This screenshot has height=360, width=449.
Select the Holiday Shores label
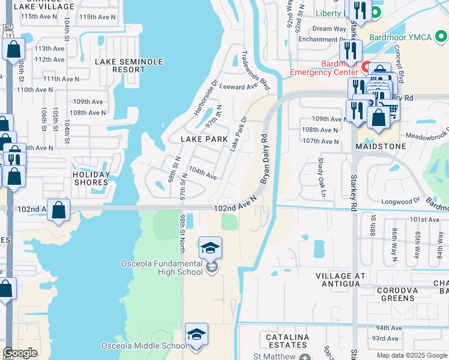(x=91, y=179)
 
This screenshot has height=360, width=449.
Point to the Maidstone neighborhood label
(x=379, y=146)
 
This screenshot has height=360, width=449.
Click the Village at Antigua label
(x=340, y=280)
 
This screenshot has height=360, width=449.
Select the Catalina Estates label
(x=287, y=341)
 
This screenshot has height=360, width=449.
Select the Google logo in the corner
(x=20, y=353)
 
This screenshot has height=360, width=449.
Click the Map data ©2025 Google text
(x=412, y=355)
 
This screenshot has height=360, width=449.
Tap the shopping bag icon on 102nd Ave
(x=59, y=211)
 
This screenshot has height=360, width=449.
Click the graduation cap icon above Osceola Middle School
(x=196, y=334)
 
